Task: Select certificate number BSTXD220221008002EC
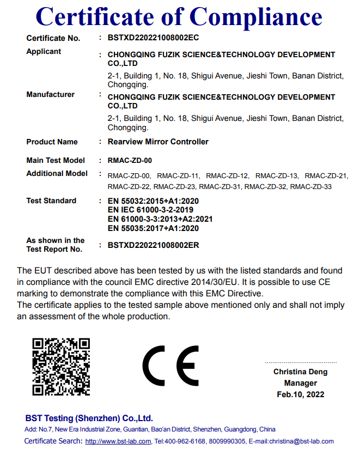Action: [x=153, y=38]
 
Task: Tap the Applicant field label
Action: [x=44, y=51]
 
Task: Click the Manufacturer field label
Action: [x=50, y=94]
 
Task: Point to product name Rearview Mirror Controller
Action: [x=158, y=142]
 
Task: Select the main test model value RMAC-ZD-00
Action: [x=130, y=161]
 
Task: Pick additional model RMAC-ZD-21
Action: [x=326, y=175]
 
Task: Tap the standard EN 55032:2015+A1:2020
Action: [x=153, y=201]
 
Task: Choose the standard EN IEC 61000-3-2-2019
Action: [x=150, y=210]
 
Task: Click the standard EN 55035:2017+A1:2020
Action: [x=153, y=229]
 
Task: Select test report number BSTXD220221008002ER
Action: [x=153, y=245]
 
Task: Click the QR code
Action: [x=61, y=366]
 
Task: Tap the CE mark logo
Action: [x=171, y=366]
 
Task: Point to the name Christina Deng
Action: [x=300, y=372]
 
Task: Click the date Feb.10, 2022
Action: [x=300, y=394]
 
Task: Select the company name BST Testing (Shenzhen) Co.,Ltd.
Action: [x=89, y=418]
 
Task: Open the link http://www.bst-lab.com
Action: [x=118, y=441]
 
